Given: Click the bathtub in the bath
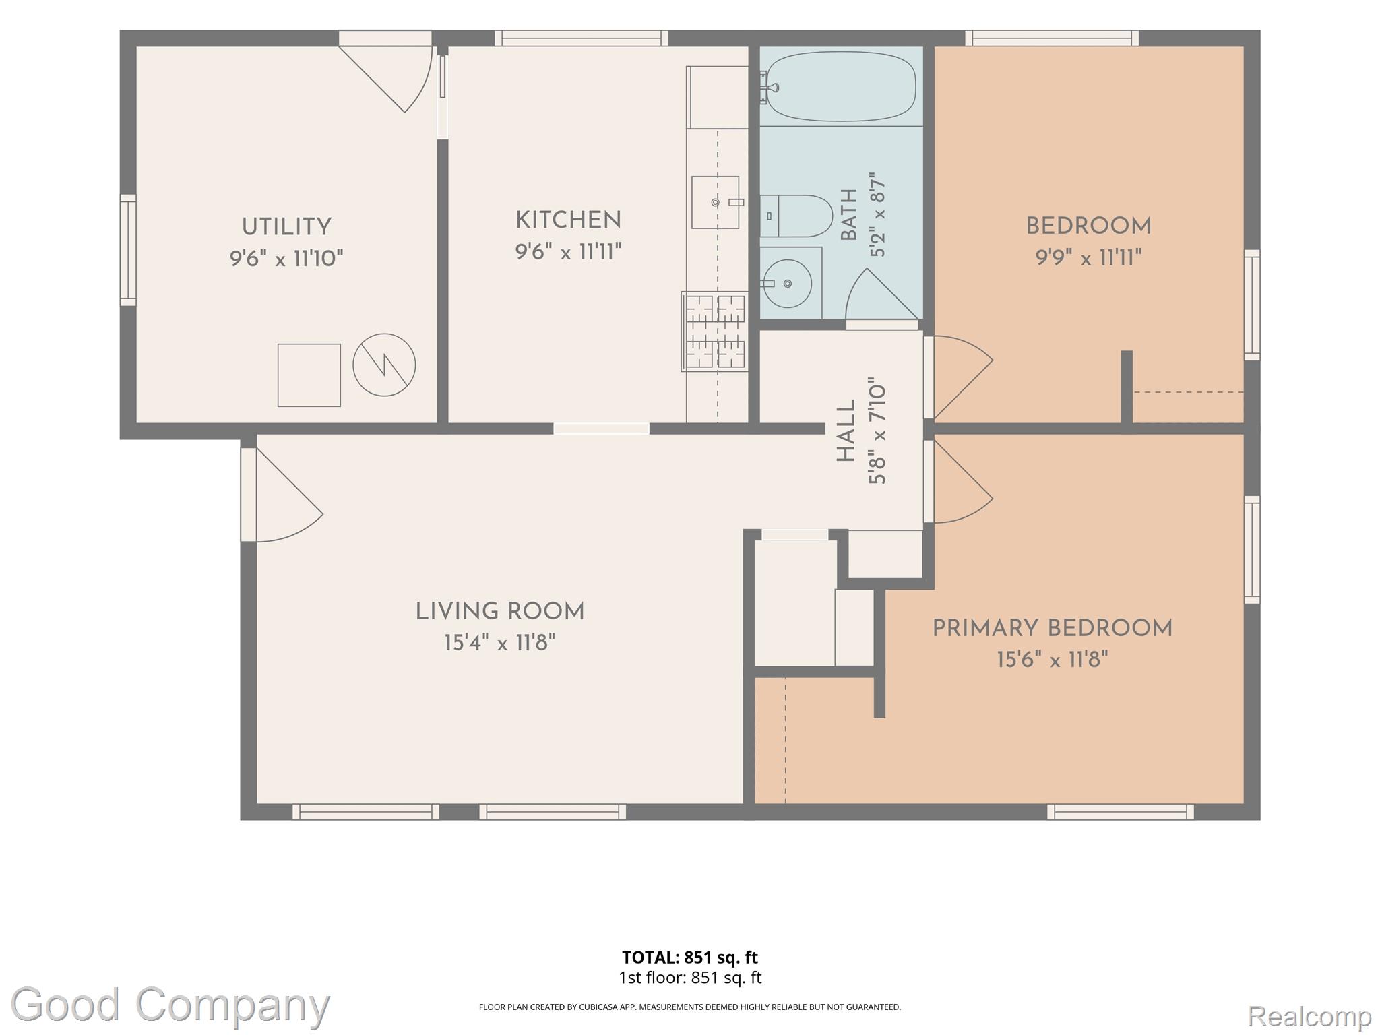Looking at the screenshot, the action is click(x=841, y=87).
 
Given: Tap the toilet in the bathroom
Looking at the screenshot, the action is click(x=796, y=216).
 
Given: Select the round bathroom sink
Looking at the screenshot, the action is click(x=786, y=284).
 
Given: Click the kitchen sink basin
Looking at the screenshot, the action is click(x=715, y=202).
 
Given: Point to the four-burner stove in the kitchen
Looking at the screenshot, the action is click(x=715, y=332).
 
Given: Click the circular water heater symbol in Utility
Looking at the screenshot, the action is click(x=384, y=365).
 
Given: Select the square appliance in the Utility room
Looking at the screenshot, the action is click(x=309, y=375).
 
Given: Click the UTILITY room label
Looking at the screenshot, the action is click(x=286, y=227).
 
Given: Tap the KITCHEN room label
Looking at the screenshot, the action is click(x=568, y=220).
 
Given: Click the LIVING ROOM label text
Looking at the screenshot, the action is click(x=499, y=612).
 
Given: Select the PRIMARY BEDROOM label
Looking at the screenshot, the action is click(x=1052, y=629).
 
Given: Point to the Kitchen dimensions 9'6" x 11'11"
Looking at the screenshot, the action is click(x=568, y=252).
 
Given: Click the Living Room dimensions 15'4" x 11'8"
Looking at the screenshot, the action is click(x=499, y=643).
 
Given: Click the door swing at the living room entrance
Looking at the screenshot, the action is click(x=289, y=495).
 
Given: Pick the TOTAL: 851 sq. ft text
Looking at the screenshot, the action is click(x=689, y=958).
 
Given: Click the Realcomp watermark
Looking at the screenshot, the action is click(x=1309, y=1015).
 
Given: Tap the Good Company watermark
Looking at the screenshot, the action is click(x=170, y=1005).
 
